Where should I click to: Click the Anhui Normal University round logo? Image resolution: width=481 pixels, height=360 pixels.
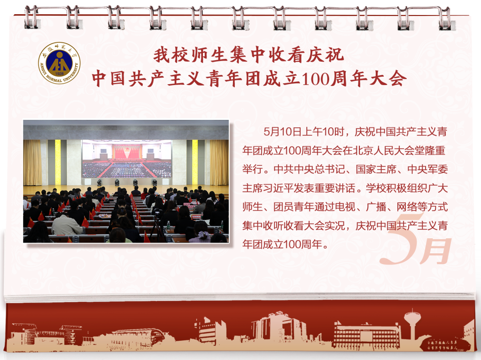tap(59, 63)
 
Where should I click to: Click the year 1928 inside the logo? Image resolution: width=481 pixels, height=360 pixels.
tap(59, 74)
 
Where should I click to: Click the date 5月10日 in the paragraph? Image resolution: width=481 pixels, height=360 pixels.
tap(282, 132)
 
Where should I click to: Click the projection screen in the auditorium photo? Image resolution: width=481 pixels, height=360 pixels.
tap(127, 159)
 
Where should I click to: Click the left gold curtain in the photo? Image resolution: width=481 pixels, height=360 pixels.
tap(32, 162)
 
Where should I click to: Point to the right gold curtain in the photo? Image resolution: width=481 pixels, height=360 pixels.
tap(219, 162)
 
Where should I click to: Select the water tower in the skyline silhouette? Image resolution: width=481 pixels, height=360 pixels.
tap(412, 325)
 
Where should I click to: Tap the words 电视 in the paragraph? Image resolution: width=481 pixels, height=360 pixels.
tap(345, 206)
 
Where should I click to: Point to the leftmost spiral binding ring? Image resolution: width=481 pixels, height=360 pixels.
tap(31, 17)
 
